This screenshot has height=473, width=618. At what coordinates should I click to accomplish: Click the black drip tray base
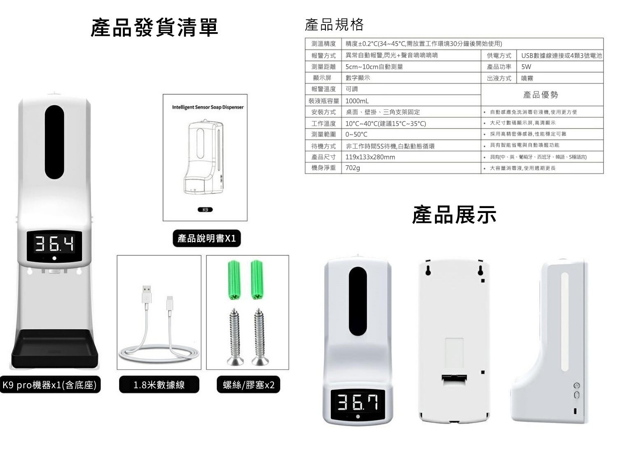point(55,348)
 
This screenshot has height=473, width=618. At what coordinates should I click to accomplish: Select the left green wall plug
point(234,280)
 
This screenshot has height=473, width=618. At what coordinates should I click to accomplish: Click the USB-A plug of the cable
point(146,294)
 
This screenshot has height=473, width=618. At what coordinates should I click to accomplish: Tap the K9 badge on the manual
point(205,210)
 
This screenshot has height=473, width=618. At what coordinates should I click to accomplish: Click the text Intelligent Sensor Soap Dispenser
point(208,107)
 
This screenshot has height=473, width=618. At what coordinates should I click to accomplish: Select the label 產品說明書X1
point(207,239)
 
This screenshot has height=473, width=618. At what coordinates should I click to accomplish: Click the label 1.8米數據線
point(159,384)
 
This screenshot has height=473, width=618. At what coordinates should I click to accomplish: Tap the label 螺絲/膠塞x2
point(248,384)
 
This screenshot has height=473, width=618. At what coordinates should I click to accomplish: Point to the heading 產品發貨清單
point(154,28)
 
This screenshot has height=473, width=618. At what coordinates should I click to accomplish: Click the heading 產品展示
point(454,215)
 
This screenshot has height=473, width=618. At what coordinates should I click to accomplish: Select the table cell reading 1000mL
point(357,101)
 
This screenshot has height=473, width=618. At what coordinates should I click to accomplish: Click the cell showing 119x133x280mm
point(370,157)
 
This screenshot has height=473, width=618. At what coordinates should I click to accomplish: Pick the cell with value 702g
point(353,168)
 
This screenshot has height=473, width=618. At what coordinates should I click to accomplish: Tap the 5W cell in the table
point(526,67)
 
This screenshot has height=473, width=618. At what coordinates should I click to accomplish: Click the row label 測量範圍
point(323,135)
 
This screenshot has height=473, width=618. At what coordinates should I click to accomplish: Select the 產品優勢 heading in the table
point(540,95)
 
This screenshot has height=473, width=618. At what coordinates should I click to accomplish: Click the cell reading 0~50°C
point(356,135)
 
